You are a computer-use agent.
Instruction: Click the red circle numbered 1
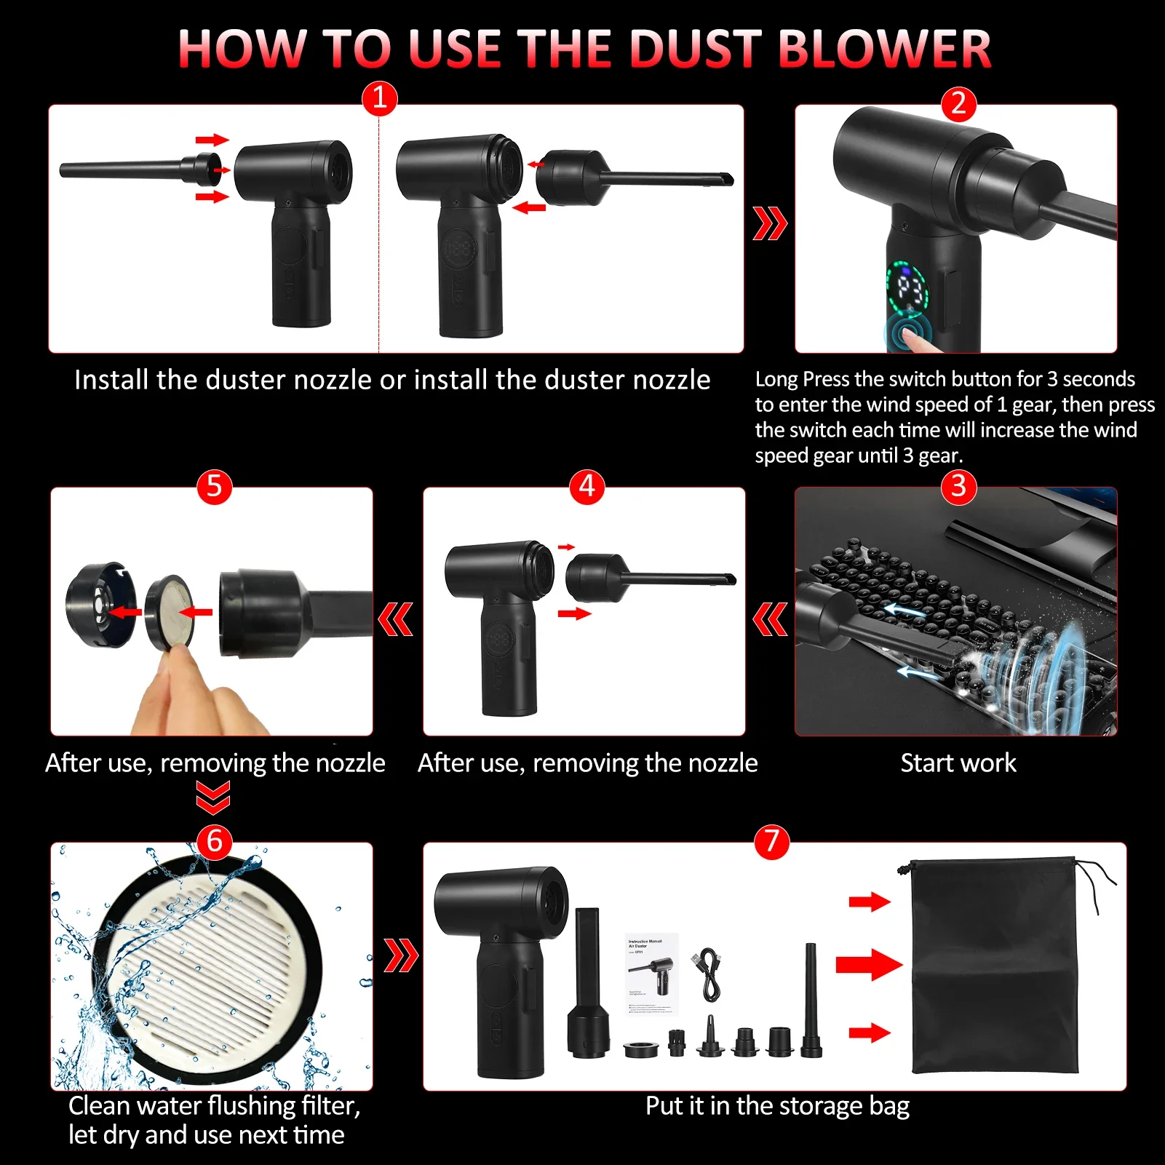click(x=380, y=98)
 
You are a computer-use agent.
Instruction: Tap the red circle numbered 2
click(x=958, y=104)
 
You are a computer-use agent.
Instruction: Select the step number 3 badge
click(x=958, y=486)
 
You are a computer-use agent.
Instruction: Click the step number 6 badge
click(x=214, y=841)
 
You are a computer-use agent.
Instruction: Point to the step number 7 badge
click(x=771, y=841)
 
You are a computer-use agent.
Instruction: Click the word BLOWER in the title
click(x=884, y=49)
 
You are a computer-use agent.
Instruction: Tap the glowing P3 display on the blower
click(x=908, y=288)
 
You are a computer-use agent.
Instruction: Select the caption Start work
click(x=958, y=763)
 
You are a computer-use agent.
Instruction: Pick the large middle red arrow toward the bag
click(x=869, y=966)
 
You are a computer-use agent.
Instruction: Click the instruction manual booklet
click(x=651, y=974)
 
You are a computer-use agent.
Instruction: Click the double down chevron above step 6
click(x=213, y=798)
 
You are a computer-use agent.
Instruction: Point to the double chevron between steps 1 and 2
click(x=769, y=223)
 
